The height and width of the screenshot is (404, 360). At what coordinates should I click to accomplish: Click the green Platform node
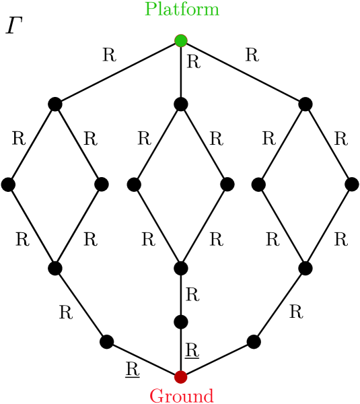pos(180,40)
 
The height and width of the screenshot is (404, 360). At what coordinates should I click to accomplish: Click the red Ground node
pos(180,376)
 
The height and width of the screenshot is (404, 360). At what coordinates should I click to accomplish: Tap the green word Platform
pos(180,9)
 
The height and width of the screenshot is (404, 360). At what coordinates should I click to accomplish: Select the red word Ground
pos(180,395)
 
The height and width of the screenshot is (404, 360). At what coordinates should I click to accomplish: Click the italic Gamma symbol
pos(13,27)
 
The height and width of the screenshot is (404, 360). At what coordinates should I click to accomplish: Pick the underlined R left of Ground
pos(132,368)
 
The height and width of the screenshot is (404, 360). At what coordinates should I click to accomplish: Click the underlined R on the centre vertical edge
pos(192,349)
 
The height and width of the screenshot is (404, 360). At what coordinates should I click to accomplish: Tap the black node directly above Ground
pos(180,321)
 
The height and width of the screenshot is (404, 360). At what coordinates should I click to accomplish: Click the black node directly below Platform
pos(180,104)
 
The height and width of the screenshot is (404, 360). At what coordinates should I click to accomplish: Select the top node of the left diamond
pos(55,104)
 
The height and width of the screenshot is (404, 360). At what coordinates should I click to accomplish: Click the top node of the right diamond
pos(305,104)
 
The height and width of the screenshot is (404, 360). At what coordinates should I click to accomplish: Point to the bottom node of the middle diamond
pos(180,268)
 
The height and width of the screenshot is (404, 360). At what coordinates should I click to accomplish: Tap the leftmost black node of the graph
pos(9,184)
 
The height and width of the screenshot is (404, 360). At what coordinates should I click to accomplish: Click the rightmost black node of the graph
pos(352,184)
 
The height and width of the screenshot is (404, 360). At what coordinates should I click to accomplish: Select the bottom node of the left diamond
pos(55,268)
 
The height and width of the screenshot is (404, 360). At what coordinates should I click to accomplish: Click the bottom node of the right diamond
pos(305,268)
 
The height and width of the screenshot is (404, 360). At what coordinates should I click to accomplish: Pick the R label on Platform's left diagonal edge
pos(108,55)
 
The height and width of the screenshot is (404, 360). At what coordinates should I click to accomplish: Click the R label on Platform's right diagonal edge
pos(252,55)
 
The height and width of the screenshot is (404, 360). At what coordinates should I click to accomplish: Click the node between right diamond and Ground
pos(254,341)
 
